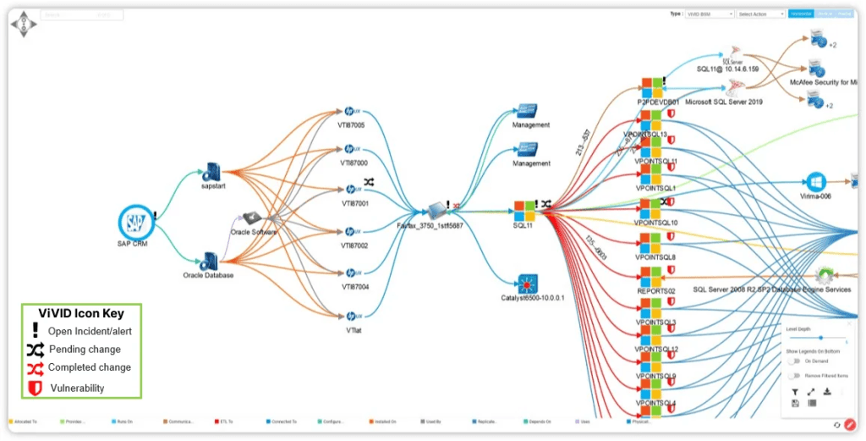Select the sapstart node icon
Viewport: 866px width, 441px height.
pyautogui.click(x=211, y=172)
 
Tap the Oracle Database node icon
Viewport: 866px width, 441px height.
pyautogui.click(x=209, y=261)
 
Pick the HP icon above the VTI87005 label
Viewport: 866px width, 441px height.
pyautogui.click(x=353, y=112)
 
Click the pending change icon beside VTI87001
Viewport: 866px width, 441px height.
pyautogui.click(x=370, y=182)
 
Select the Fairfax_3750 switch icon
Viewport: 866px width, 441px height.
pyautogui.click(x=436, y=209)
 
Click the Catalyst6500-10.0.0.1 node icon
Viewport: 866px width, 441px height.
pyautogui.click(x=531, y=284)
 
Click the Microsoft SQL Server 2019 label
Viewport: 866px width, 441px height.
pyautogui.click(x=724, y=102)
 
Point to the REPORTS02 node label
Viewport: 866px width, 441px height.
pyautogui.click(x=655, y=290)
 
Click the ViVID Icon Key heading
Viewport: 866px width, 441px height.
pyautogui.click(x=81, y=313)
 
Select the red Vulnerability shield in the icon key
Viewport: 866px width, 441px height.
pyautogui.click(x=36, y=388)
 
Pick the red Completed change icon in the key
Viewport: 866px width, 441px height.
pyautogui.click(x=36, y=367)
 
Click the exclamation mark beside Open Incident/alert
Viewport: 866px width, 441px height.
pyautogui.click(x=36, y=331)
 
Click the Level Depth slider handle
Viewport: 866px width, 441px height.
pyautogui.click(x=820, y=338)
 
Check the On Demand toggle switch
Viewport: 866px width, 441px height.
pyautogui.click(x=793, y=361)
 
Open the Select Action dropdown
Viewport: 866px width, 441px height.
pyautogui.click(x=761, y=14)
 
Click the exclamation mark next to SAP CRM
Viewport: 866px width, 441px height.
pyautogui.click(x=156, y=216)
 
